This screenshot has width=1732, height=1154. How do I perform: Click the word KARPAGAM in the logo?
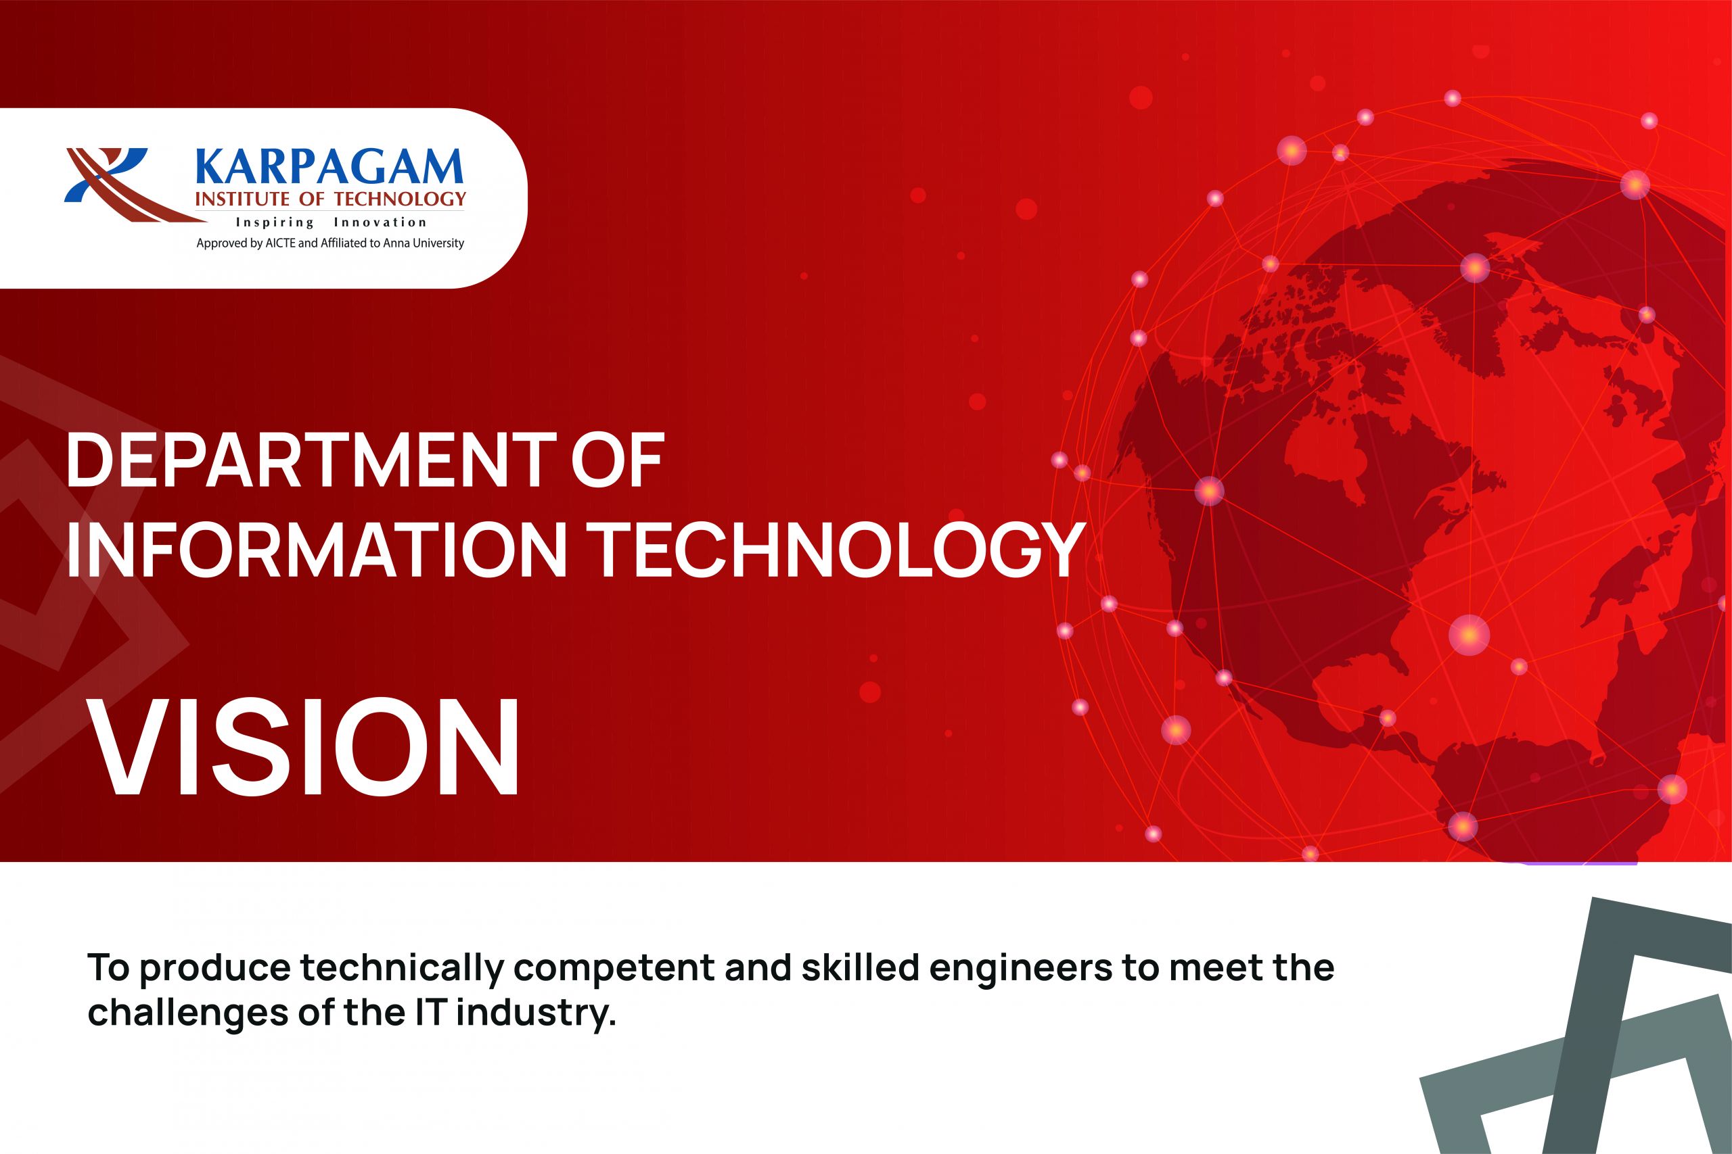tap(329, 167)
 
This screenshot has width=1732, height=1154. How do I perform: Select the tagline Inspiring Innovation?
tap(331, 222)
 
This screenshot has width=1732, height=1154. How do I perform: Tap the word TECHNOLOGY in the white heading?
tap(840, 550)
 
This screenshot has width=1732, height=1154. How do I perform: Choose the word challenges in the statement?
tap(188, 1013)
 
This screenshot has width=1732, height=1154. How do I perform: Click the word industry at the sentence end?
tap(535, 1013)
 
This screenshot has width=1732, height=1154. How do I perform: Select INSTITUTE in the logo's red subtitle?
tap(242, 199)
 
